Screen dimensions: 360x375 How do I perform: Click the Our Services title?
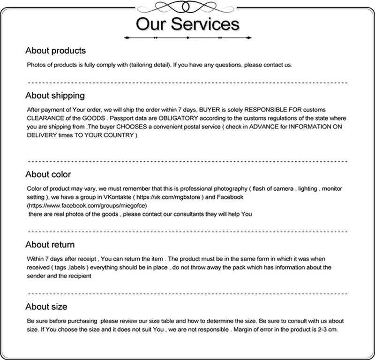[187, 23]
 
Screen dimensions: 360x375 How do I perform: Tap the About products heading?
[55, 50]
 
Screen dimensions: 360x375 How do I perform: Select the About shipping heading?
[55, 95]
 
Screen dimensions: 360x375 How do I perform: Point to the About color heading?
[48, 174]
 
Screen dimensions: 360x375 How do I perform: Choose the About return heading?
[50, 244]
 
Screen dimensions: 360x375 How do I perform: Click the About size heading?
[46, 307]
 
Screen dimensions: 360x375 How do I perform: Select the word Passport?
[122, 118]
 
